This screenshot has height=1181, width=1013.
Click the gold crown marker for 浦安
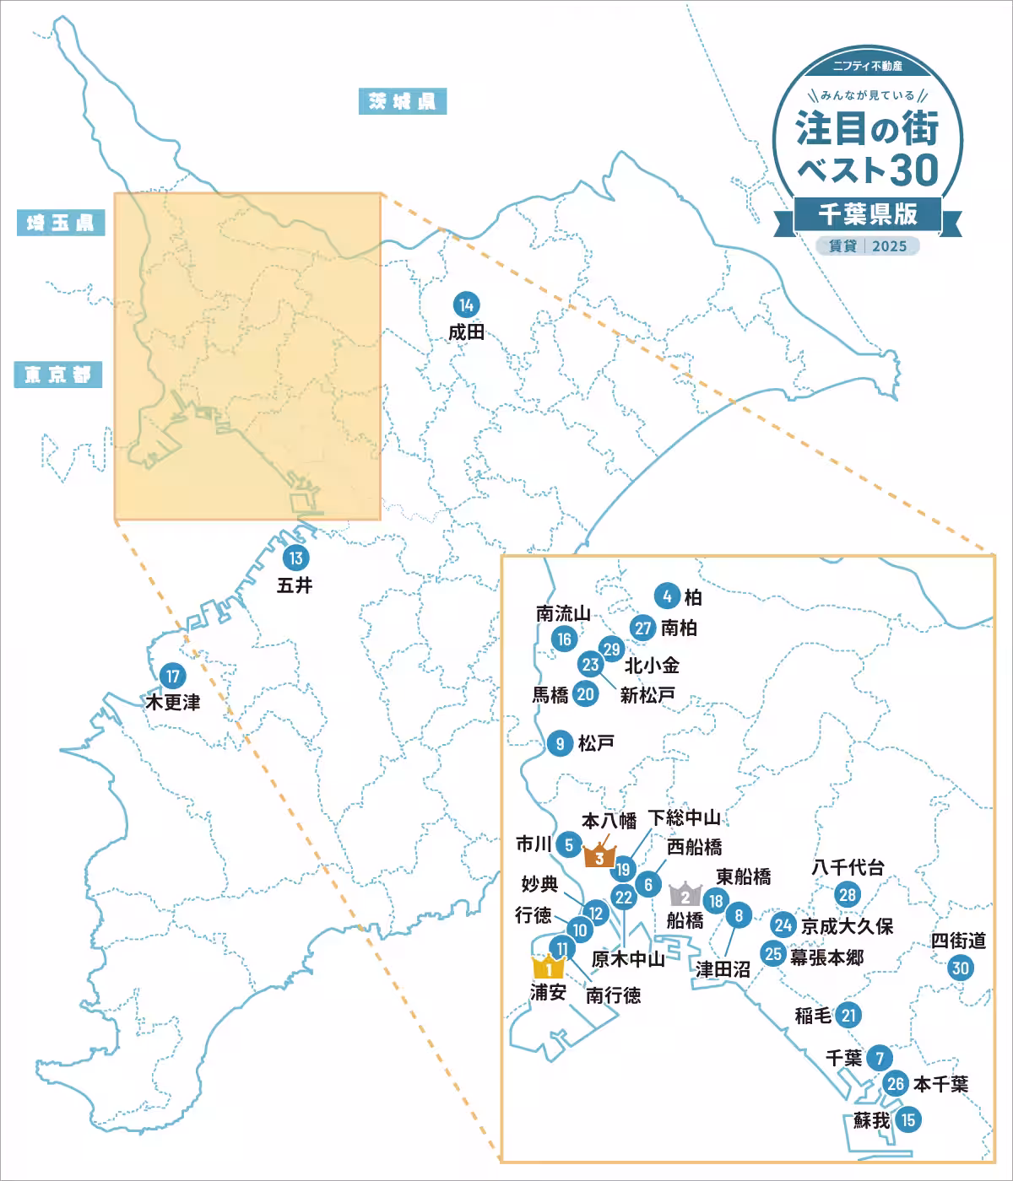coord(548,967)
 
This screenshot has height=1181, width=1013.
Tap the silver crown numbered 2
coord(685,895)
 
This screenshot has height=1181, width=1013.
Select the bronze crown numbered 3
coord(599,856)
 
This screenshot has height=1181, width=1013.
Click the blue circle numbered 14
coord(466,305)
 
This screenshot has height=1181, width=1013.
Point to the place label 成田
coord(466,332)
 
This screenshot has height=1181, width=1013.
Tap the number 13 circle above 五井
coord(295,558)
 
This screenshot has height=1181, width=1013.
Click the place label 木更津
coord(173,702)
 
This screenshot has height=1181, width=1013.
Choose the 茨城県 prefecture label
coord(402,102)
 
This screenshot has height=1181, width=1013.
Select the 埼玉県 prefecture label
coord(60,223)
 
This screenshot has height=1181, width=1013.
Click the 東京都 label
coord(57,374)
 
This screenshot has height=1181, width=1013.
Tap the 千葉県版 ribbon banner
coord(867,214)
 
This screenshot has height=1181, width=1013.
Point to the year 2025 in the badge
coord(890,245)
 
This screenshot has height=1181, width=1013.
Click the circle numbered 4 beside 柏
coord(667,597)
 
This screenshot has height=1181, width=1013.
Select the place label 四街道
coord(958,941)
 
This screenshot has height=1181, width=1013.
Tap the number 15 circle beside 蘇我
coord(908,1120)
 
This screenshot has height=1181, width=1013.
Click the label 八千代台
coord(848,867)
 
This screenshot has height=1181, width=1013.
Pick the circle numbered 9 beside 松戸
coord(560,743)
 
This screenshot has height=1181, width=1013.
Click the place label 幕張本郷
coord(826,957)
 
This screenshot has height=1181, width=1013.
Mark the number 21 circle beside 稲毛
coord(849,1016)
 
